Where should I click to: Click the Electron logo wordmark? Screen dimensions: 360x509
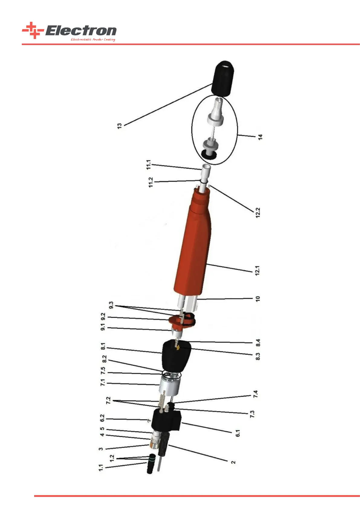tap(81, 31)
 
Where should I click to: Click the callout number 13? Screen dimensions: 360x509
tap(119, 126)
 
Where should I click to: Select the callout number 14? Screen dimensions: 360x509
tap(260, 137)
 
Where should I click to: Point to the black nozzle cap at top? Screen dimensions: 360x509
tap(223, 78)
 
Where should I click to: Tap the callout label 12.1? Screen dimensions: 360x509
tap(258, 270)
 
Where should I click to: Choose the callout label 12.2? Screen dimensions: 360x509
tap(258, 212)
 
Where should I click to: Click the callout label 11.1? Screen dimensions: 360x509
tap(148, 164)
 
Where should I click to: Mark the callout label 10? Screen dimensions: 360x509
tap(258, 299)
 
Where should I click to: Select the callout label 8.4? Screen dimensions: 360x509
tap(258, 343)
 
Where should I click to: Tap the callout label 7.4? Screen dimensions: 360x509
tap(255, 394)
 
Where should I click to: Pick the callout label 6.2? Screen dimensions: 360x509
tap(102, 418)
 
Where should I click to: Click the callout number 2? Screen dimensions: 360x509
tap(233, 462)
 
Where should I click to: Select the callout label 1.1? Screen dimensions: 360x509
tap(101, 468)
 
